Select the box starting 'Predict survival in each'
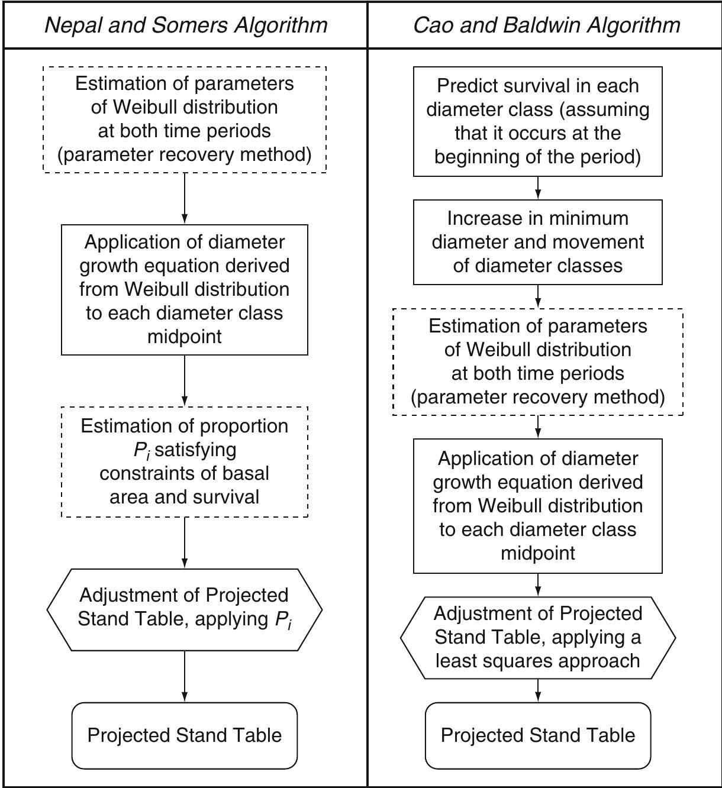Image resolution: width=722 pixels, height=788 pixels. point(537,121)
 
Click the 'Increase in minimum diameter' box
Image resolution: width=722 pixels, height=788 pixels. point(537,242)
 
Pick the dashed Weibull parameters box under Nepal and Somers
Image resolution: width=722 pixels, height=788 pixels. point(184,119)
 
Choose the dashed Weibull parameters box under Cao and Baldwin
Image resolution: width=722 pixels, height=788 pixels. point(537,361)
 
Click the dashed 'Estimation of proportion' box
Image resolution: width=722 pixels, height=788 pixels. point(184,461)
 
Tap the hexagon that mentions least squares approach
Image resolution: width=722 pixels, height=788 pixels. point(537,637)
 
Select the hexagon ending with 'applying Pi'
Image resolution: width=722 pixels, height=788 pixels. point(184,609)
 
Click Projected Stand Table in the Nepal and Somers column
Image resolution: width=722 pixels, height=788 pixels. point(184,735)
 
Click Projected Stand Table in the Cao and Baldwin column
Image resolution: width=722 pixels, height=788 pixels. point(537,735)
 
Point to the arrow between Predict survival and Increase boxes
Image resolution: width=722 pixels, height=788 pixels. point(537,188)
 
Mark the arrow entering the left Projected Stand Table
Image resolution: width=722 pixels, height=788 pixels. point(184,677)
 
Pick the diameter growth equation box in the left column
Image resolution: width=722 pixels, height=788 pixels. point(184,289)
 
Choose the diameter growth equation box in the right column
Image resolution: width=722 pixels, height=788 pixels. point(537,506)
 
